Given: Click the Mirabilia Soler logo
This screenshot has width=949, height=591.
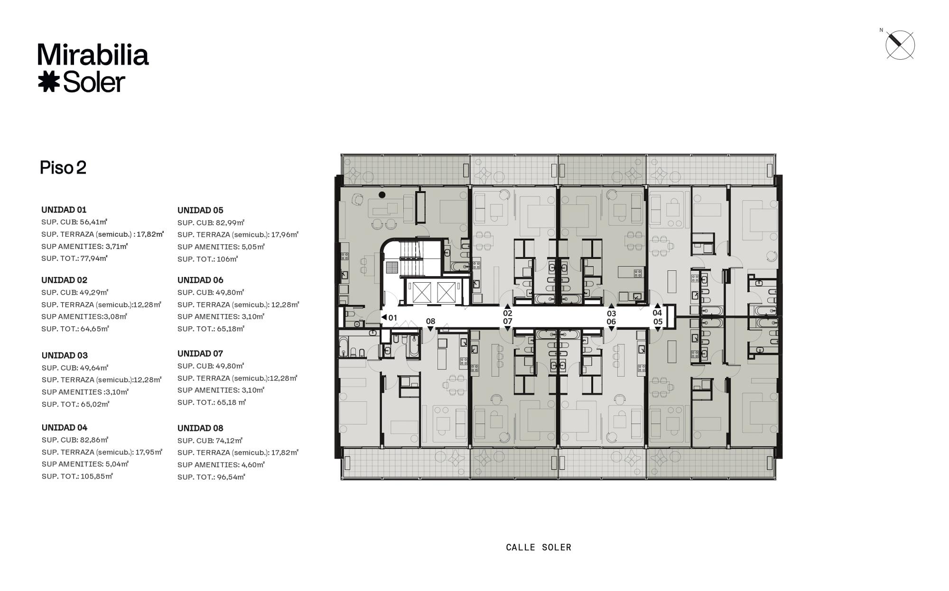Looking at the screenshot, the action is point(93,68).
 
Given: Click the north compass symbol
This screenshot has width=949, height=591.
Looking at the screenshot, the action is point(900,45).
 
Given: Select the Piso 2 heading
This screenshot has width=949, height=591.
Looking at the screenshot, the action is point(63,168).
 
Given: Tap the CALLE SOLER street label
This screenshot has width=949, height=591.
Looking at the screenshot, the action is point(539,547).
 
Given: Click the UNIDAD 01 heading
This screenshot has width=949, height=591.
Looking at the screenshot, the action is point(64,210).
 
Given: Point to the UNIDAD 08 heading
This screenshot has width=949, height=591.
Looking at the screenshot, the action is point(200,428).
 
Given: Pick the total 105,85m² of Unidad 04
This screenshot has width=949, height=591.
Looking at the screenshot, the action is point(97,476).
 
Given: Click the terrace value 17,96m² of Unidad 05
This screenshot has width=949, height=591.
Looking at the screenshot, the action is point(285,235).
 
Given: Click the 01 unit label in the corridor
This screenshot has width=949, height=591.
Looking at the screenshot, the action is point(392,318).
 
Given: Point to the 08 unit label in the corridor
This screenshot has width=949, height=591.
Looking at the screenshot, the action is point(430,321).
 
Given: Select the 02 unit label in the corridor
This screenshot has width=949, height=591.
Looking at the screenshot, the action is point(508,313).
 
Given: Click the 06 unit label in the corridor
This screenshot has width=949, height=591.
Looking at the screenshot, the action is point(611,322).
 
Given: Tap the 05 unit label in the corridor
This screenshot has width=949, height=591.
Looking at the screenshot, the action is point(658,322).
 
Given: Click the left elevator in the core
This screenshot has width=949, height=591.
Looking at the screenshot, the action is point(422,292).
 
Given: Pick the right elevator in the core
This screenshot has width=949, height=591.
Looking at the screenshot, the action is point(446,292).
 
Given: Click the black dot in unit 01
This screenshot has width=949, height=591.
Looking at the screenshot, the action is point(382,194).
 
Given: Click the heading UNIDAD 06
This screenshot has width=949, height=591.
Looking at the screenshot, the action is point(200,280).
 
